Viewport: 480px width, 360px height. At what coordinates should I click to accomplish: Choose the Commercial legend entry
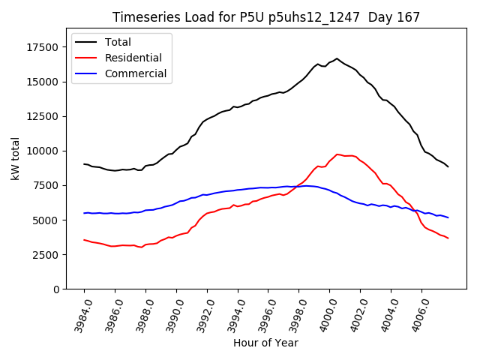pyautogui.click(x=135, y=73)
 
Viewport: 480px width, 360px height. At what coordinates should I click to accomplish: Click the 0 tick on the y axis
pyautogui.click(x=54, y=289)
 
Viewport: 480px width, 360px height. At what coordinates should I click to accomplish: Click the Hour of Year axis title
pyautogui.click(x=265, y=343)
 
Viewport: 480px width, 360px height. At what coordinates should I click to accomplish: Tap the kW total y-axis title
pyautogui.click(x=15, y=159)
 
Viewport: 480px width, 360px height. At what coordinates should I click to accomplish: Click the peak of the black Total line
pyautogui.click(x=337, y=58)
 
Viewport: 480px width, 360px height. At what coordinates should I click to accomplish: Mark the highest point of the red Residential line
pyautogui.click(x=337, y=154)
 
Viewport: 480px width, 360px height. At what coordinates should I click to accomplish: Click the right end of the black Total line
pyautogui.click(x=448, y=166)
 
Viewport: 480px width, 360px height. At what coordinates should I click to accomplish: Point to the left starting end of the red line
pyautogui.click(x=84, y=240)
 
